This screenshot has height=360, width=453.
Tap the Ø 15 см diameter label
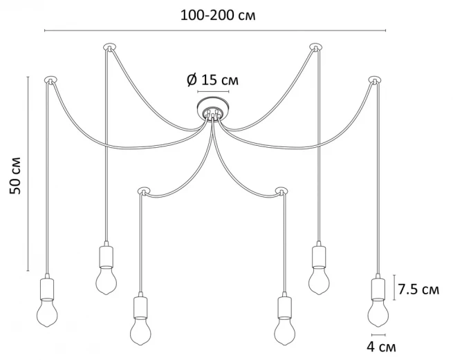pyautogui.click(x=213, y=80)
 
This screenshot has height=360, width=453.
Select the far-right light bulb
pyautogui.click(x=378, y=312)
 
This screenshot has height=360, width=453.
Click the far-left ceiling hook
pyautogui.click(x=50, y=80)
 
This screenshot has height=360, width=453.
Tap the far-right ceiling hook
pyautogui.click(x=375, y=80)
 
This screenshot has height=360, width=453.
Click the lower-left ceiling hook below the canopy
pyautogui.click(x=143, y=190)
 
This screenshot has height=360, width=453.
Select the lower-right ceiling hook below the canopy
pyautogui.click(x=281, y=190)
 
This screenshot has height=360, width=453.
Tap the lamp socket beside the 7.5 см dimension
pyautogui.click(x=378, y=288)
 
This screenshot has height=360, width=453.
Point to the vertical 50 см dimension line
pyautogui.click(x=28, y=173)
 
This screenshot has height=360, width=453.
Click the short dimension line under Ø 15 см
pyautogui.click(x=213, y=91)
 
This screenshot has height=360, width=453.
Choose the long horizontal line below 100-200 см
pyautogui.click(x=214, y=30)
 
